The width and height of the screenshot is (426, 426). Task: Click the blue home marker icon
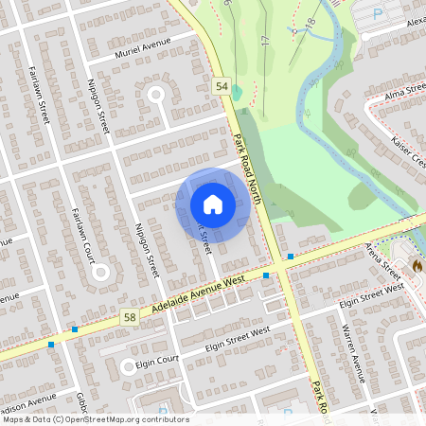click(213, 204)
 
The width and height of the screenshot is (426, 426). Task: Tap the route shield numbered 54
click(222, 86)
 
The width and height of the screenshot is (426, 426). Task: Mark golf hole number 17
click(264, 41)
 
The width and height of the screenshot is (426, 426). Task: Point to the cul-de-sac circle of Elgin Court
click(127, 367)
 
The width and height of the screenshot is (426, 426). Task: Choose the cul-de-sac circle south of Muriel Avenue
click(156, 95)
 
